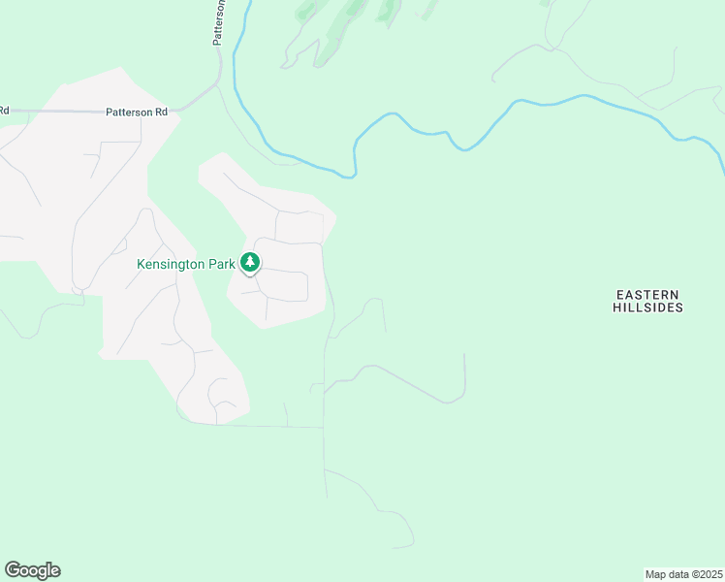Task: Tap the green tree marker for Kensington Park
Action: pos(250,262)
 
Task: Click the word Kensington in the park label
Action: pos(172,263)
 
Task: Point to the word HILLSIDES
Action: pos(648,307)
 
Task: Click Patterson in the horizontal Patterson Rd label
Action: pos(128,113)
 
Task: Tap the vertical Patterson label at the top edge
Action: pos(219,21)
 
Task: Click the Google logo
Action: pos(32,570)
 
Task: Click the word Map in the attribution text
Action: pos(655,574)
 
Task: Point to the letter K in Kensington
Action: pos(141,263)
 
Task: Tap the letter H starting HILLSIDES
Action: pos(616,307)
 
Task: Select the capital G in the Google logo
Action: pos(14,570)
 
